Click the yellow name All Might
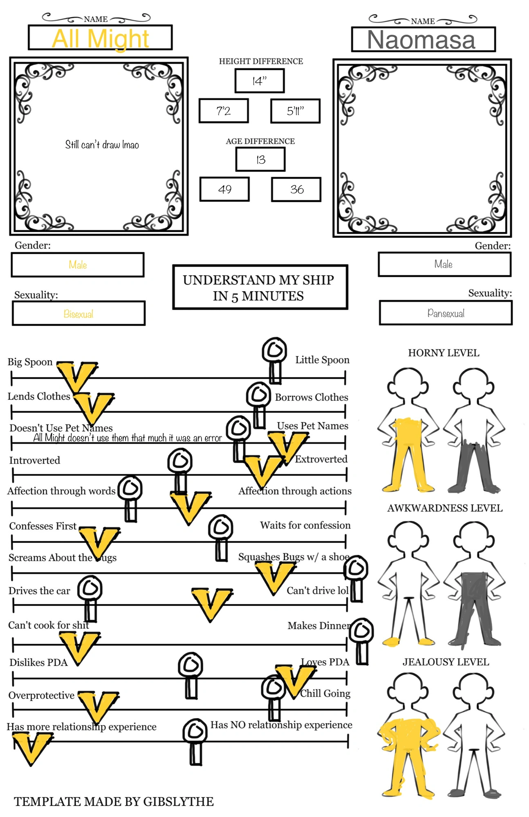100,39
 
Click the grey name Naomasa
421,40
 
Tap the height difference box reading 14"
260,81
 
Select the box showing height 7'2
224,111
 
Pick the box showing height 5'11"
295,111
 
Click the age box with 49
224,189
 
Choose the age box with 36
296,189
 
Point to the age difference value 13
260,159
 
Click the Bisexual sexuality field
78,314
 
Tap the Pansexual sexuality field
446,313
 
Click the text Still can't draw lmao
102,145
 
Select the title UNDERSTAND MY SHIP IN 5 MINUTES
259,288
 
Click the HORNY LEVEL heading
444,353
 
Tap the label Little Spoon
322,360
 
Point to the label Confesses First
43,526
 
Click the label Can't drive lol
317,590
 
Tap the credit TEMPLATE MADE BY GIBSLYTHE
114,801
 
